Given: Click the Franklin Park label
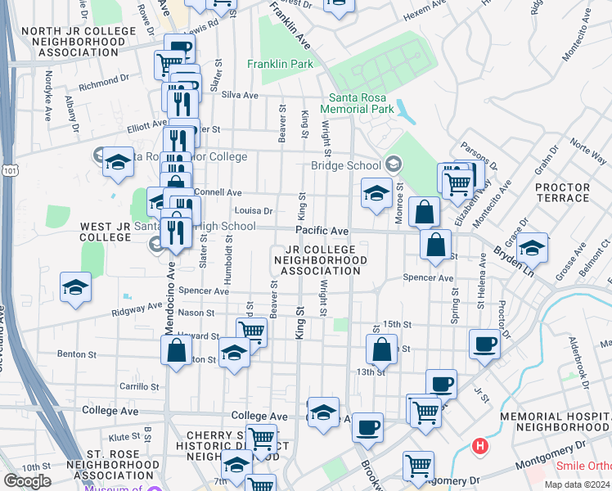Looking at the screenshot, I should (279, 63).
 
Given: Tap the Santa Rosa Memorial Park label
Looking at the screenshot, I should (358, 102).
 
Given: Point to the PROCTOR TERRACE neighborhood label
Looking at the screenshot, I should (562, 192).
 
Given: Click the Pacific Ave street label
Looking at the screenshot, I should (322, 232).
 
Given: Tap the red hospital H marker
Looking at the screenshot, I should (480, 447).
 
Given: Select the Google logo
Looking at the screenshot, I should (28, 481).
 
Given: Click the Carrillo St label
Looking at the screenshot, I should (138, 385).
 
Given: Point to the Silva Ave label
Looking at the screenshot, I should (240, 95).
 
